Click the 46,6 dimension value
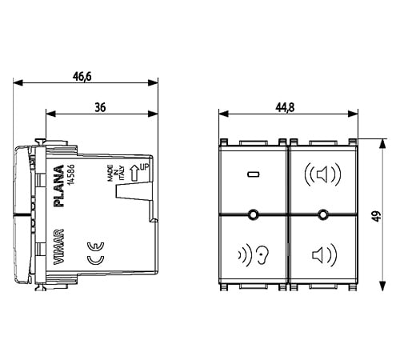click(82, 77)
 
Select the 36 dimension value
click(100, 107)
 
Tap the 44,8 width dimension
click(285, 107)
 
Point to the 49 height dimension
click(377, 216)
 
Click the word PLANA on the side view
click(59, 186)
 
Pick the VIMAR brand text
click(59, 246)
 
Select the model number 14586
click(71, 174)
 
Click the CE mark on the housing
click(96, 254)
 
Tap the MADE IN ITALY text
click(116, 173)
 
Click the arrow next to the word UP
click(135, 173)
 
